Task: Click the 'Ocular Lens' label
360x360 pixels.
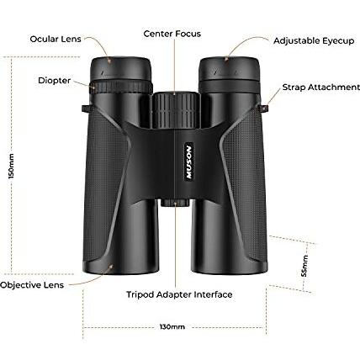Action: [x=56, y=39]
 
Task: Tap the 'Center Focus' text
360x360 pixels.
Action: [x=172, y=34]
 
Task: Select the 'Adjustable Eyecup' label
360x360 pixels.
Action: [x=314, y=41]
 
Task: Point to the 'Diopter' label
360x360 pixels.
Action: [x=55, y=81]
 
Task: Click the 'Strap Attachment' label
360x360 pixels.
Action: [x=321, y=87]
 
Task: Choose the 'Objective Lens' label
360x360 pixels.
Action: [x=32, y=285]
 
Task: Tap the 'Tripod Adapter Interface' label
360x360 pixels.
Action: [x=179, y=294]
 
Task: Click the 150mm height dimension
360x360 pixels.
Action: [x=11, y=167]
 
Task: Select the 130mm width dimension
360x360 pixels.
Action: [x=172, y=327]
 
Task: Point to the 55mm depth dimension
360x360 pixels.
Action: [x=304, y=266]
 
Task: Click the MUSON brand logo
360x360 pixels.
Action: [x=189, y=161]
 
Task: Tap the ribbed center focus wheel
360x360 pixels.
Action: [x=176, y=110]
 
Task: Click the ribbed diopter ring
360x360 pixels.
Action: [x=121, y=87]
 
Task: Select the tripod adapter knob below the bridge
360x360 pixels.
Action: [x=175, y=203]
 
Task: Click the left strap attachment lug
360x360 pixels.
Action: [x=87, y=109]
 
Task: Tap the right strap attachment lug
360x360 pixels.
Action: [x=263, y=109]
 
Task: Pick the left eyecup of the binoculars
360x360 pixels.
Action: [x=121, y=69]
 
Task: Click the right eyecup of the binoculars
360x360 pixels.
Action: [x=229, y=69]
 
